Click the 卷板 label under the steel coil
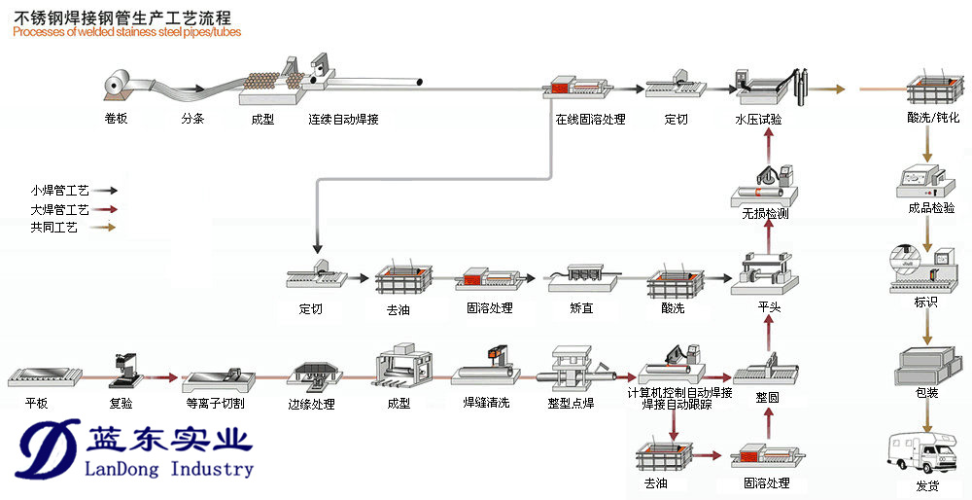click(117, 120)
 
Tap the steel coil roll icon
click(119, 85)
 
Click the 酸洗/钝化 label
click(932, 119)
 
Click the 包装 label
click(926, 393)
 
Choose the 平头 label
click(770, 307)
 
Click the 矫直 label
click(582, 308)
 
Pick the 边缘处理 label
click(311, 404)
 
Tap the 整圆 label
click(768, 398)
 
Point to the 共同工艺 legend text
click(53, 228)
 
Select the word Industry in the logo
click(208, 469)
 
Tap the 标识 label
click(926, 303)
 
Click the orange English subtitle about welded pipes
click(126, 32)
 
